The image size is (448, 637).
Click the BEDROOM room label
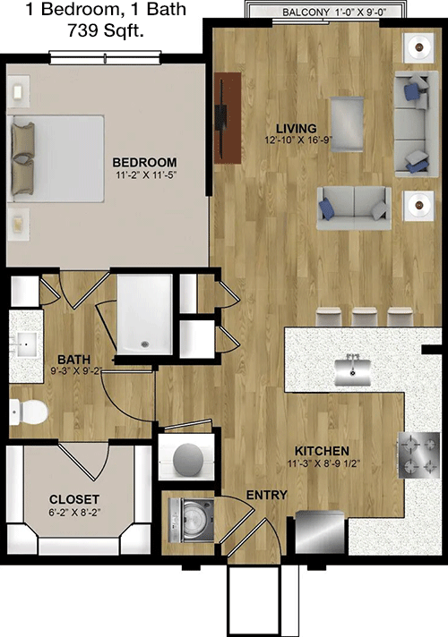click(x=145, y=163)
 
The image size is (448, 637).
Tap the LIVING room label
click(x=297, y=128)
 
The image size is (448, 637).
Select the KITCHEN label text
click(x=322, y=451)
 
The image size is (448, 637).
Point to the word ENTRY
click(x=267, y=495)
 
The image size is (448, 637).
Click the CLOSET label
click(x=74, y=499)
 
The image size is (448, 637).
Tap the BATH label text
click(x=74, y=360)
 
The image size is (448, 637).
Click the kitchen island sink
click(x=353, y=369)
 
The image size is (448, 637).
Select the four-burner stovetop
click(x=418, y=454)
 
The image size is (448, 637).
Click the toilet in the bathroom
click(x=28, y=412)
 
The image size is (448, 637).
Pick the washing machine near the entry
click(x=191, y=521)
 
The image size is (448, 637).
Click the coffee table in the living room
click(x=347, y=124)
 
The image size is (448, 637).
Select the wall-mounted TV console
click(x=228, y=118)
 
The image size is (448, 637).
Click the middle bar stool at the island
click(x=365, y=316)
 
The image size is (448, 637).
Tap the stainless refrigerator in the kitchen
click(x=320, y=531)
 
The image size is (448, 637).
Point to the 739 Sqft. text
click(x=106, y=30)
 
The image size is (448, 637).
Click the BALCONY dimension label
click(x=334, y=13)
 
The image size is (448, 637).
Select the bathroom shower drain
click(x=144, y=344)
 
